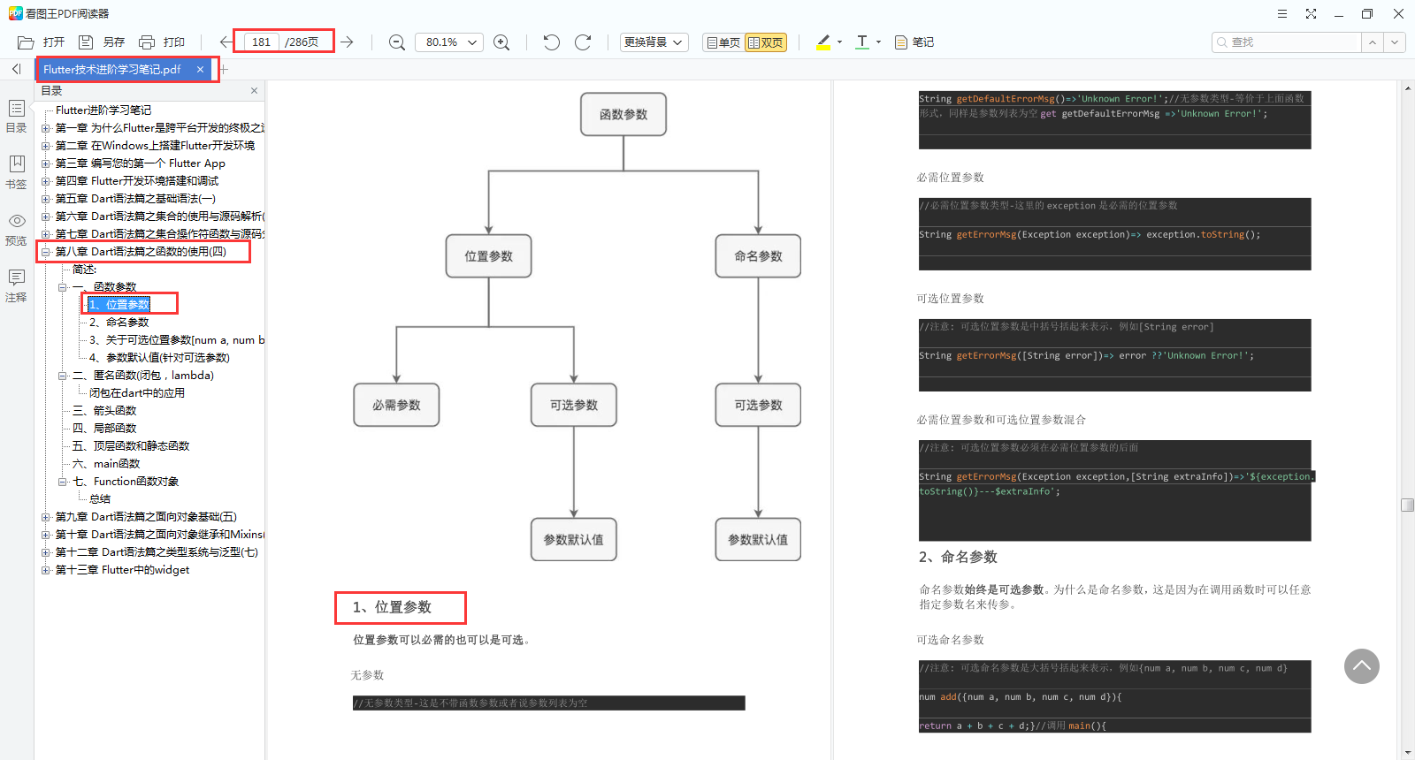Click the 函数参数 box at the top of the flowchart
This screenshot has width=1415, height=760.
coord(623,115)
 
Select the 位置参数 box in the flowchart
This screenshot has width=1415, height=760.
coord(489,256)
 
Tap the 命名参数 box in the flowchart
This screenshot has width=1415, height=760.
coord(758,256)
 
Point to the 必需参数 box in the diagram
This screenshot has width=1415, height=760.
coord(396,406)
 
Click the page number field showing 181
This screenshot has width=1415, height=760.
coord(262,42)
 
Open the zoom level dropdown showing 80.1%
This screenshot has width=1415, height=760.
coord(451,42)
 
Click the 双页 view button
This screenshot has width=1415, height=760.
coord(766,42)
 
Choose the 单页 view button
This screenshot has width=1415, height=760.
coord(723,42)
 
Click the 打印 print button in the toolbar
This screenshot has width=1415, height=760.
coord(163,42)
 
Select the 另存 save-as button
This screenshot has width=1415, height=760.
coord(102,42)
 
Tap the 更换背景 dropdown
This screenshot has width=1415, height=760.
coord(654,42)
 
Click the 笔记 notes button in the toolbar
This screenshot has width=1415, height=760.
coord(914,42)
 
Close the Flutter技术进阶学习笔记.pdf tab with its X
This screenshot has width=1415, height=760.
coord(201,70)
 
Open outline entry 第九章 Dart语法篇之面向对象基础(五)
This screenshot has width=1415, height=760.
coord(146,517)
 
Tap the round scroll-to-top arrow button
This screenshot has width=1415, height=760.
coord(1362,666)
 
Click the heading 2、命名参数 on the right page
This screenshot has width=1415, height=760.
coord(958,557)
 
